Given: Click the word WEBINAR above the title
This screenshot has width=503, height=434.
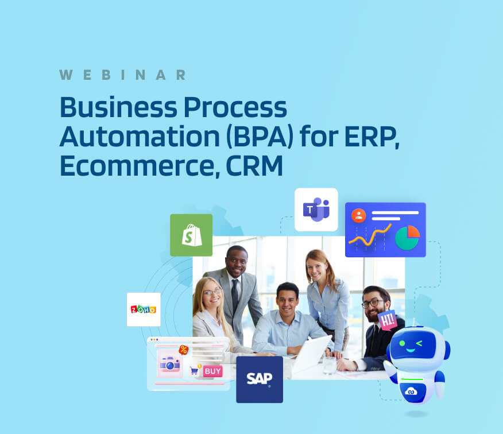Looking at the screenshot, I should click(122, 75).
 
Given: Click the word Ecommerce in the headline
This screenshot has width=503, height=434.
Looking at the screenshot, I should click(137, 165).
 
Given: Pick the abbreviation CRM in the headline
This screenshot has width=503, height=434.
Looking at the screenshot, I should click(254, 165).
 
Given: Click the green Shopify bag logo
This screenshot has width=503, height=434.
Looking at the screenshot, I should click(191, 235).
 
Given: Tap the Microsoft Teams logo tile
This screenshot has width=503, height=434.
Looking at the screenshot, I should click(316, 210).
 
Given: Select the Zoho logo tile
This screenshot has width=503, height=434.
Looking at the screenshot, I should click(144, 309).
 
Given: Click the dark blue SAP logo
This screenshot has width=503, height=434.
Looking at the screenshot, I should click(260, 379).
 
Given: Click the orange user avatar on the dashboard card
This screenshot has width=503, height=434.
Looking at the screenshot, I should click(359, 215).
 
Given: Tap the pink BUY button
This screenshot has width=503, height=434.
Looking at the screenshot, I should click(212, 371).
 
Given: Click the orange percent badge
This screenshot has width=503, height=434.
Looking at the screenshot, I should click(183, 350).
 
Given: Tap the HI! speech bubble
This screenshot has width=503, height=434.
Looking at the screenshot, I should click(388, 320).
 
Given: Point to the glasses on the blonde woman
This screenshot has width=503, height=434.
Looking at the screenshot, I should click(211, 292).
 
